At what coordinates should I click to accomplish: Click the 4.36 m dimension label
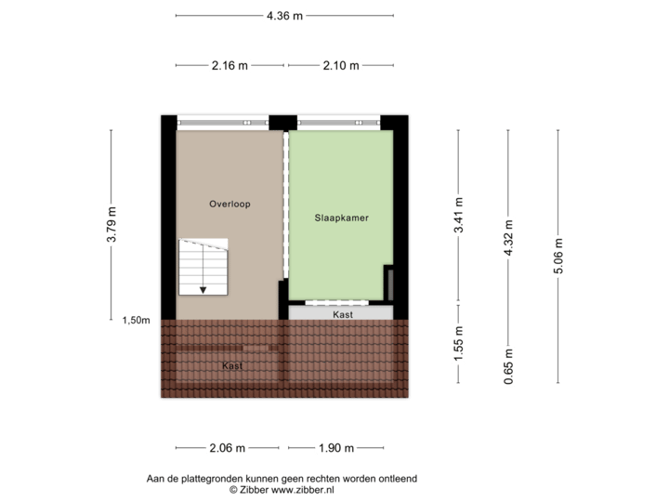284,16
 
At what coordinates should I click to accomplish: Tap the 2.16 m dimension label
230,65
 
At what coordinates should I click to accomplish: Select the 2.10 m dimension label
341,65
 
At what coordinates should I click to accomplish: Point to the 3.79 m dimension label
111,224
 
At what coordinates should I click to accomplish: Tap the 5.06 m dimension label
557,255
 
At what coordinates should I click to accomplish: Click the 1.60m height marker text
136,321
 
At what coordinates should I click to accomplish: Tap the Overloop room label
230,204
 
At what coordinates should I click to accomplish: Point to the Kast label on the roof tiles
232,366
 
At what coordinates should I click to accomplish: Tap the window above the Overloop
222,121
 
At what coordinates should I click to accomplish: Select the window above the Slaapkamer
338,121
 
